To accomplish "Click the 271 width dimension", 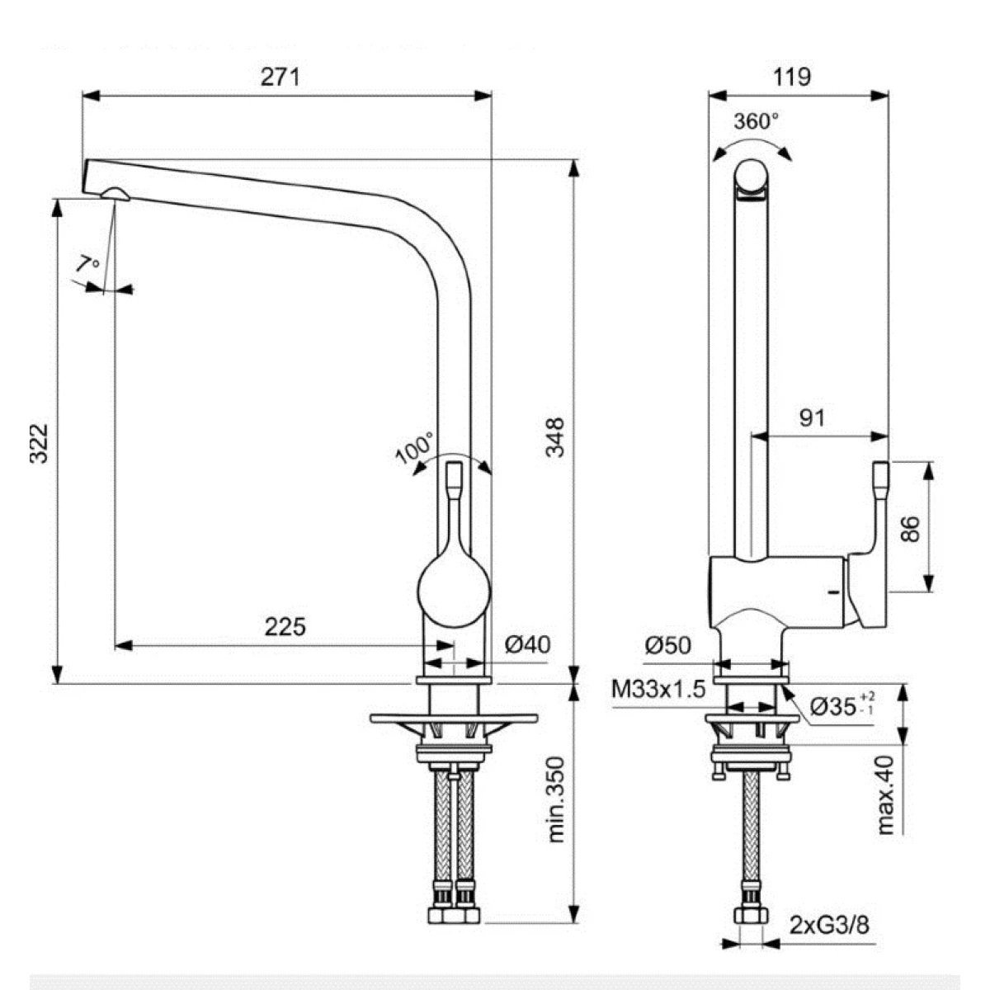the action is [x=280, y=78].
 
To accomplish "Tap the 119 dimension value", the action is [x=792, y=77].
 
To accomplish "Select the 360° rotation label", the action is [x=756, y=122].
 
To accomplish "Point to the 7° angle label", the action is [x=87, y=265].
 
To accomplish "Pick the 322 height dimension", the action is [x=39, y=444].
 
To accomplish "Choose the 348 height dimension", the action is [x=555, y=437].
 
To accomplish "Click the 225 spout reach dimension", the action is [x=285, y=627].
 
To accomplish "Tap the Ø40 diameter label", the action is [x=527, y=644].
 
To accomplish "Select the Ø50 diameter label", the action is [x=668, y=646].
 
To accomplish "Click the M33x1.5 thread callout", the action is [x=658, y=689].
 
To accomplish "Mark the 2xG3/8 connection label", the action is [x=830, y=926].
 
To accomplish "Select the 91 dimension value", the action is [x=813, y=418].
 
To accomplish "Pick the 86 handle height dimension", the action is [x=910, y=529].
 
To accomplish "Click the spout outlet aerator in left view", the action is [x=115, y=193].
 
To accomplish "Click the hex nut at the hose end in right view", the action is [x=751, y=915].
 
